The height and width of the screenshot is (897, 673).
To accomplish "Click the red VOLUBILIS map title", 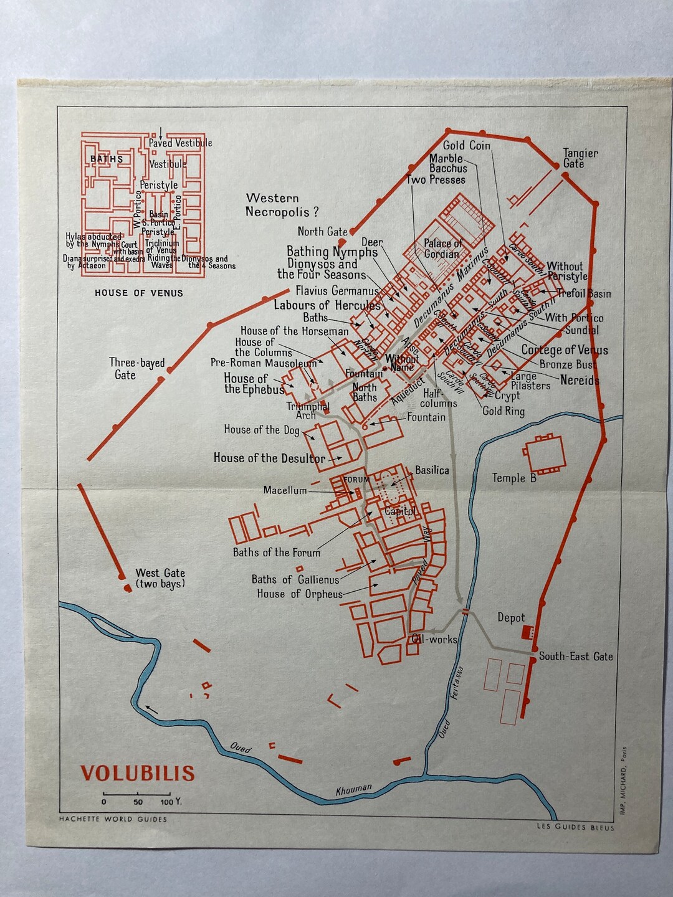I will click(x=138, y=773).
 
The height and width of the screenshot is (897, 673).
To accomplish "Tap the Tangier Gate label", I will click(x=580, y=158).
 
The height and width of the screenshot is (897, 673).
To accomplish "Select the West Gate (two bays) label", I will click(x=160, y=578).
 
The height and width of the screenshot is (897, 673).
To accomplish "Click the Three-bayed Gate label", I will click(x=137, y=368).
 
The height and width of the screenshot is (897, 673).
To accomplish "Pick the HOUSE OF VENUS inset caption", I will click(x=139, y=293).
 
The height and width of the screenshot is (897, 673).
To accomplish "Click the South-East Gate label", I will click(x=575, y=656).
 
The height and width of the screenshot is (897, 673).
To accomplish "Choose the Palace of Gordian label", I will click(x=443, y=249).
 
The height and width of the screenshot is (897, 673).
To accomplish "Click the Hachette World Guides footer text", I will click(x=113, y=819).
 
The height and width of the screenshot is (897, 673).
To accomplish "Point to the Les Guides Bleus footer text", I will click(x=575, y=827).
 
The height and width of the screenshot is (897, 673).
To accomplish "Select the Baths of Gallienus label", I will click(x=295, y=579).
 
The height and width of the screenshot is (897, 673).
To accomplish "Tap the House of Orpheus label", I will click(x=300, y=594).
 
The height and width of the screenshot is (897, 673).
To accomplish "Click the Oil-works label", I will click(x=434, y=639).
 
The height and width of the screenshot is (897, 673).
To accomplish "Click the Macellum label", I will click(x=285, y=490).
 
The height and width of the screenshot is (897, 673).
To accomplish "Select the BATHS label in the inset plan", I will click(x=107, y=159).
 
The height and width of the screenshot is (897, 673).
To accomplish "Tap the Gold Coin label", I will click(x=467, y=146).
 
